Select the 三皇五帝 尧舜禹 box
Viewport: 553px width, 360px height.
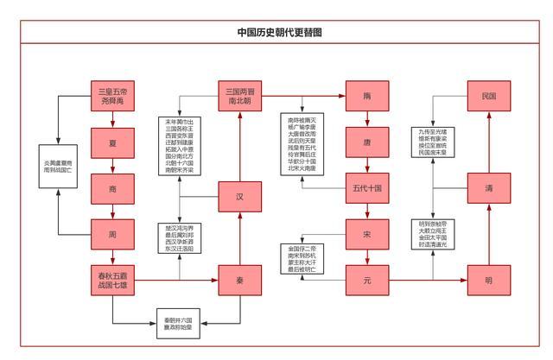point(113,96)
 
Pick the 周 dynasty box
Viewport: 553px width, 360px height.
point(113,233)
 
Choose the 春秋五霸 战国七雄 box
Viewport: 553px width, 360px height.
point(113,279)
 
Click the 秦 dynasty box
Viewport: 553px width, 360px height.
point(239,279)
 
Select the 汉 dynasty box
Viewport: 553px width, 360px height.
point(239,196)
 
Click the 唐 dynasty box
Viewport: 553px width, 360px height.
point(367,142)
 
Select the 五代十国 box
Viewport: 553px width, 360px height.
point(367,187)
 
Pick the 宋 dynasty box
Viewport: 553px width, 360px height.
point(367,233)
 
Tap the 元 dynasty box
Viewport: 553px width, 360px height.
point(367,279)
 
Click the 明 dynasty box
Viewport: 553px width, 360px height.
point(488,279)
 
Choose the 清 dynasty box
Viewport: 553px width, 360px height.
point(488,187)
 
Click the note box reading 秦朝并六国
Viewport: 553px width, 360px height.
point(179,322)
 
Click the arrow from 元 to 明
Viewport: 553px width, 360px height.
point(428,279)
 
